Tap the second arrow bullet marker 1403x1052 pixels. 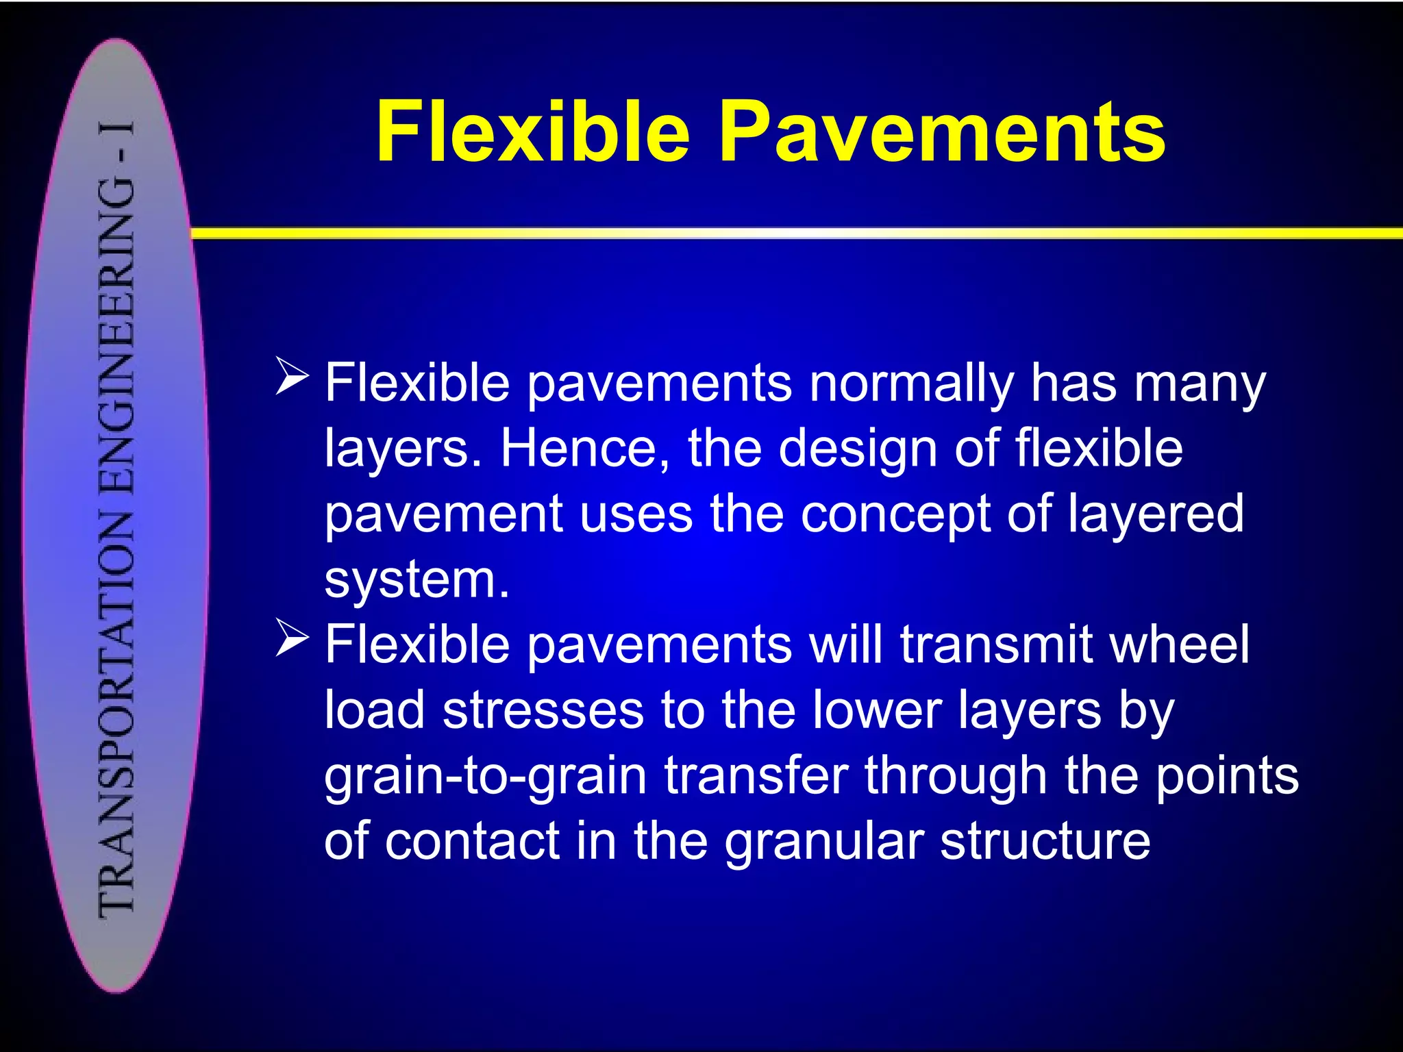(293, 638)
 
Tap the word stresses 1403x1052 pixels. (543, 710)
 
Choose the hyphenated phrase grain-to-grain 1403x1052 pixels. (485, 777)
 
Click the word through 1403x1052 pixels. (955, 775)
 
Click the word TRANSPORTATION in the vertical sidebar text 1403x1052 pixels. (116, 712)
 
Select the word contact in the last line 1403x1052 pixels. (473, 841)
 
